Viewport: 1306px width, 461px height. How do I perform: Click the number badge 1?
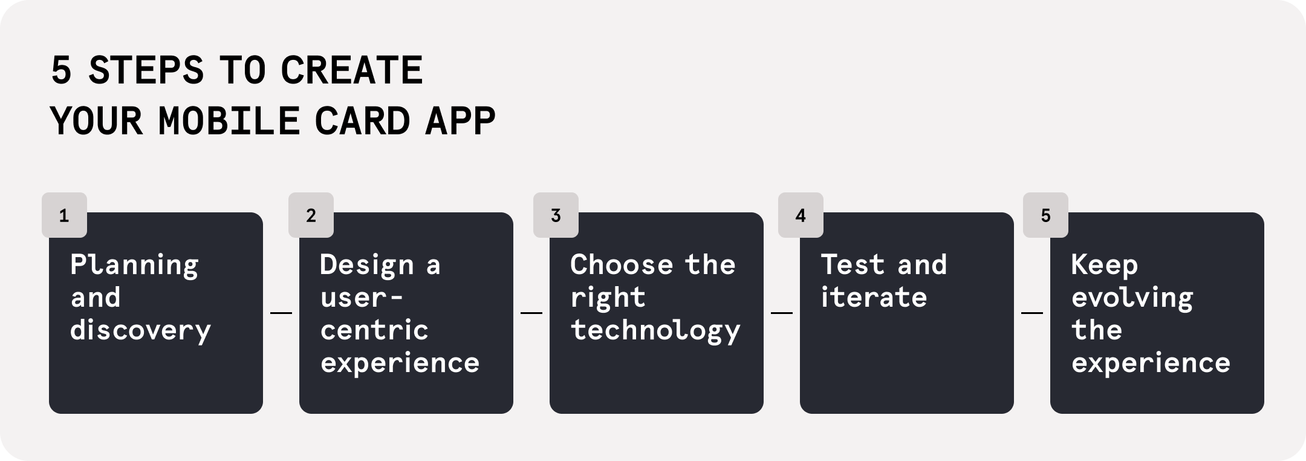tap(64, 215)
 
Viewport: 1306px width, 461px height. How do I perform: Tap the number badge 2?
tap(311, 215)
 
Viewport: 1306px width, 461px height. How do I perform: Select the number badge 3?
tap(556, 215)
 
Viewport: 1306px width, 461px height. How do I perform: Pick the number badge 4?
tap(801, 215)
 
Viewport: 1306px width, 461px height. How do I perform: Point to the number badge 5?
tap(1045, 215)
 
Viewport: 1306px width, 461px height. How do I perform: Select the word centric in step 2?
tap(374, 330)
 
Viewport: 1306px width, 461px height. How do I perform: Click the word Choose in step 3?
tap(622, 265)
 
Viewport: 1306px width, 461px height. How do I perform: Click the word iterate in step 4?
tap(874, 298)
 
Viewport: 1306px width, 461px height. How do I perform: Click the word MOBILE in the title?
tap(229, 121)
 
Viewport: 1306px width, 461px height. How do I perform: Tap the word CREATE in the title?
tap(351, 70)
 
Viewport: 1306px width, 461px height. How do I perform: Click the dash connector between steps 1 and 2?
tap(281, 313)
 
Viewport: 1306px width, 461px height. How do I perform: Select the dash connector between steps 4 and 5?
tap(1032, 313)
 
